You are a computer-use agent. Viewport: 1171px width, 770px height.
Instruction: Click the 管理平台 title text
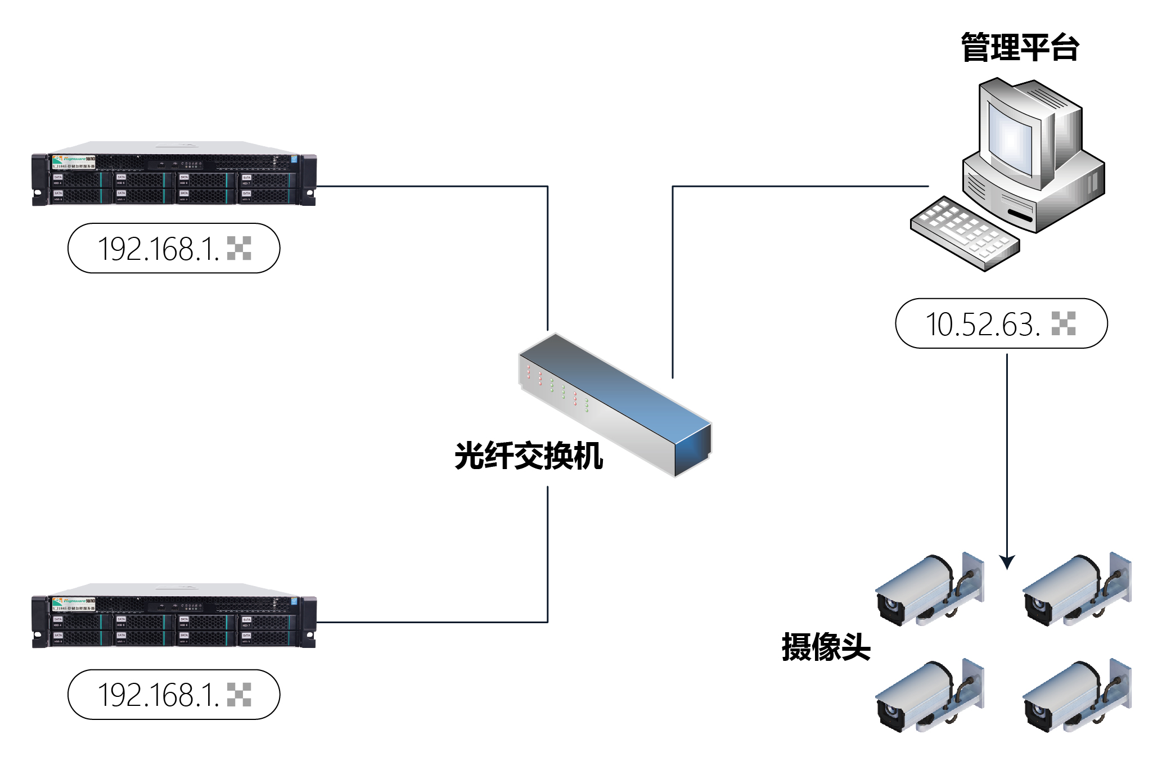(1019, 47)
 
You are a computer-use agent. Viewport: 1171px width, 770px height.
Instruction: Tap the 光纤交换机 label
(529, 456)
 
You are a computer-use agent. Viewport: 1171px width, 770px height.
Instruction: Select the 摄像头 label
(826, 647)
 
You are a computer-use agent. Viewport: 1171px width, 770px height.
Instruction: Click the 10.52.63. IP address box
(1001, 323)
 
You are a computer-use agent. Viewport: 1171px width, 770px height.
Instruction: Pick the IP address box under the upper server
(174, 248)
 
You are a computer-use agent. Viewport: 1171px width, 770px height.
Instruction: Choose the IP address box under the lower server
(174, 695)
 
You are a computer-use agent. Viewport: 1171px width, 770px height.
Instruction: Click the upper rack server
(174, 174)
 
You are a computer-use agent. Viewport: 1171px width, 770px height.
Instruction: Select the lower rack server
(174, 616)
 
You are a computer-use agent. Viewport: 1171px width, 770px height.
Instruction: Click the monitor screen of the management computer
(1011, 141)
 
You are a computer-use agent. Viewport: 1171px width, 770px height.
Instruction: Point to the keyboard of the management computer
(965, 233)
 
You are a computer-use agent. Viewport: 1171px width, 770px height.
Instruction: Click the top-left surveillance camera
(928, 591)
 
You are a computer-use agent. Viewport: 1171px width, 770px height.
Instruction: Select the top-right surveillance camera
(1075, 591)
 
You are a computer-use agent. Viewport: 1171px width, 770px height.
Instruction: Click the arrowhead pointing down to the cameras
(1007, 562)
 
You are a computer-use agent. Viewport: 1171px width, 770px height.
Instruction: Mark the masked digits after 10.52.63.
(1063, 323)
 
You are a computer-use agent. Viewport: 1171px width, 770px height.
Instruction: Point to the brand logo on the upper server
(74, 160)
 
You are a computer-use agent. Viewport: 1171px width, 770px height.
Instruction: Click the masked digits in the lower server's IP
(239, 695)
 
